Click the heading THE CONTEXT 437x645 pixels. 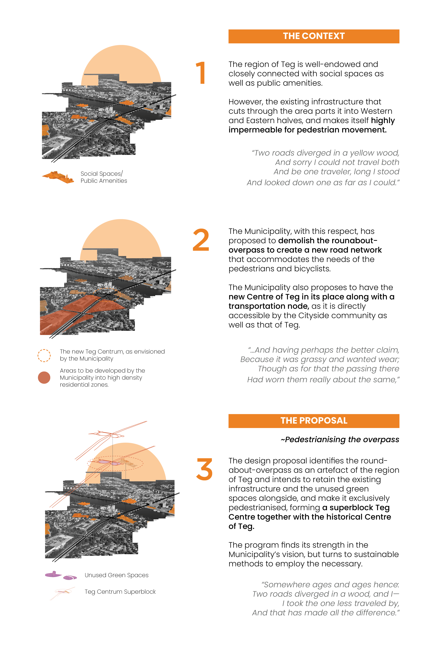tap(314, 36)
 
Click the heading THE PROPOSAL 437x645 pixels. tap(314, 420)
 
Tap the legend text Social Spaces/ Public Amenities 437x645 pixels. tap(104, 177)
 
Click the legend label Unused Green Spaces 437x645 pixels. tap(116, 575)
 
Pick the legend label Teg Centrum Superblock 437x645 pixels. tap(120, 591)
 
